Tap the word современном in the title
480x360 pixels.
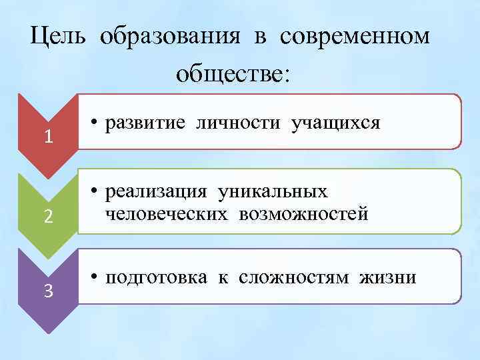tap(355, 37)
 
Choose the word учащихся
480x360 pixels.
tap(335, 123)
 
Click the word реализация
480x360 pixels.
tap(155, 193)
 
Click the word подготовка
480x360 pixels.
tap(155, 277)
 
